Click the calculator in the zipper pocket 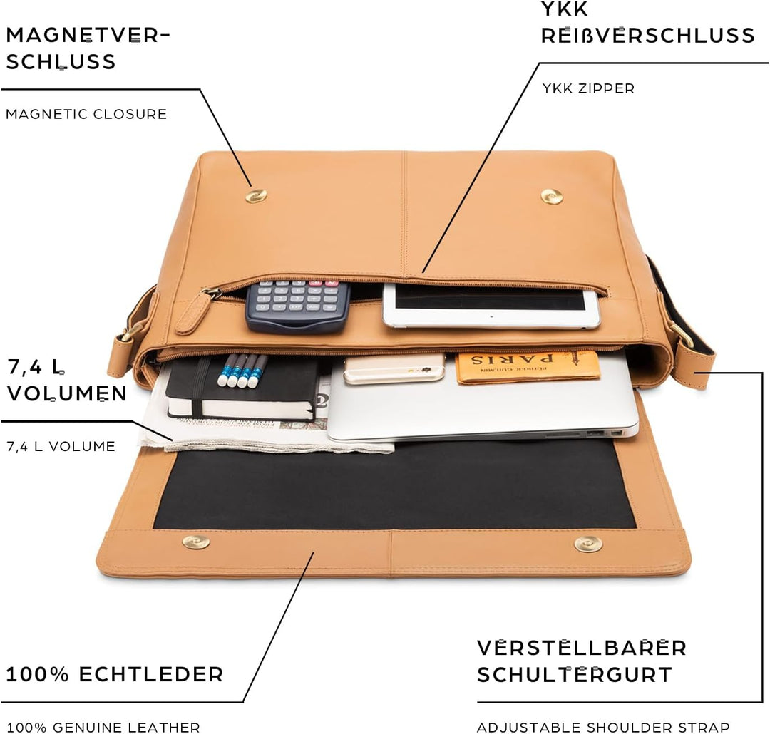(298, 305)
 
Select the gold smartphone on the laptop (394, 368)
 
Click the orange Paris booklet (527, 366)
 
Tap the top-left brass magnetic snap (256, 195)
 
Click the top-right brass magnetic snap (551, 196)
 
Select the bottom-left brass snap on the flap (196, 542)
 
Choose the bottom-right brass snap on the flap (588, 544)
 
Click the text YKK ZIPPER (587, 88)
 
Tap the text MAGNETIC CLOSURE (86, 114)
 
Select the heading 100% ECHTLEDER (114, 673)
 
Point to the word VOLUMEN (68, 393)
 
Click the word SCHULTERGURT (575, 674)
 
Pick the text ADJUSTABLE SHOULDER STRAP (603, 727)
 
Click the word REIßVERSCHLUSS (647, 36)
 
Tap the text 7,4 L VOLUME (61, 447)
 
